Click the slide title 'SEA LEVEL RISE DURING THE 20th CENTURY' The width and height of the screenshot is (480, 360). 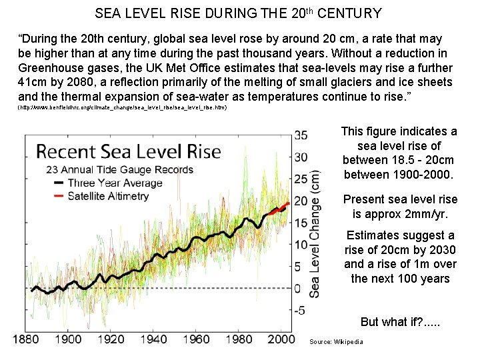pos(238,13)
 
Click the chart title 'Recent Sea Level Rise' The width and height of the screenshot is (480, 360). pos(128,151)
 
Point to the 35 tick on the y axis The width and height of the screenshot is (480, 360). pos(301,136)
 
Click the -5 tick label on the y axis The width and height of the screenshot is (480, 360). pos(299,310)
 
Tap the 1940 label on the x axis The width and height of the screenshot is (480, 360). pos(154,339)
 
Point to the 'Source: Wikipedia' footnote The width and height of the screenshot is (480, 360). pos(337,342)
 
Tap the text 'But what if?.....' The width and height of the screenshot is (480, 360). pos(400,321)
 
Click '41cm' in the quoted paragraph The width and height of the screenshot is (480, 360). pos(33,82)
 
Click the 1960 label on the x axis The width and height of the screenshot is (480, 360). pos(197,339)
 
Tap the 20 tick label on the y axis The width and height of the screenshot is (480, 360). pos(301,201)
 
